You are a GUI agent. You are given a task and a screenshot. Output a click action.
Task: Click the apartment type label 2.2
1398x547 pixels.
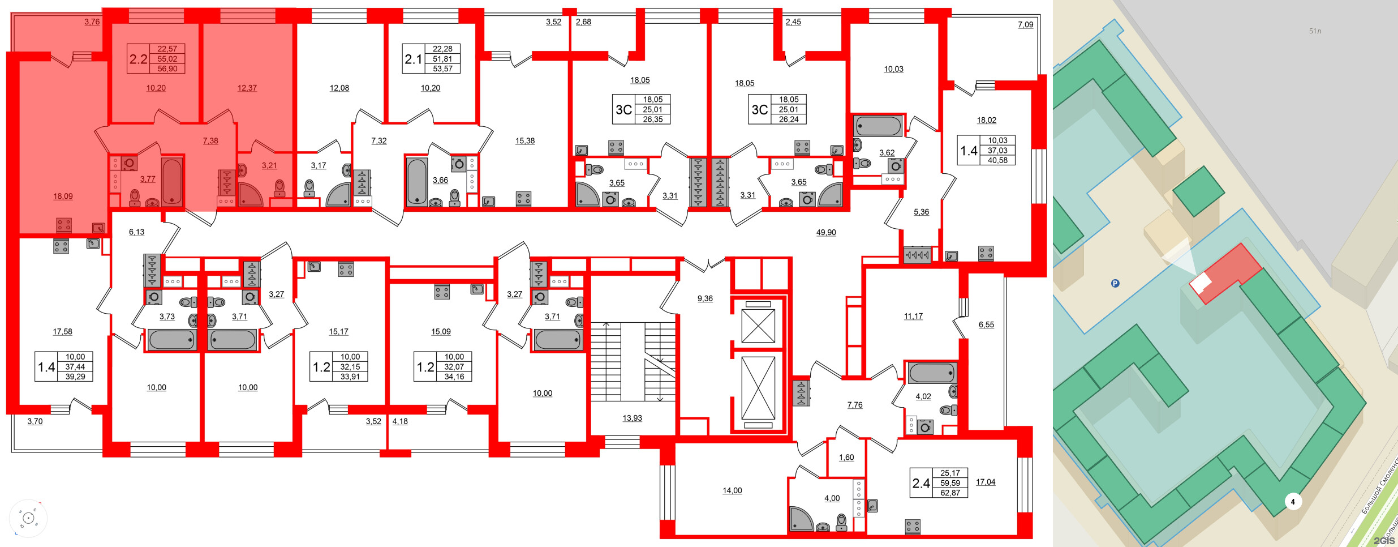pyautogui.click(x=138, y=59)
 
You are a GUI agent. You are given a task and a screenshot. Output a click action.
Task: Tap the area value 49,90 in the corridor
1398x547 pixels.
pyautogui.click(x=826, y=232)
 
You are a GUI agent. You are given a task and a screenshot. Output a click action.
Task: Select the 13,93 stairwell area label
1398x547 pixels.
pyautogui.click(x=632, y=418)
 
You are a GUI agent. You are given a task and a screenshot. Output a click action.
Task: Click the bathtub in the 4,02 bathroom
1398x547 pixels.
pyautogui.click(x=931, y=373)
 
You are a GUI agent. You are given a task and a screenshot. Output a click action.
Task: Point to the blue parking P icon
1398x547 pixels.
pyautogui.click(x=1115, y=284)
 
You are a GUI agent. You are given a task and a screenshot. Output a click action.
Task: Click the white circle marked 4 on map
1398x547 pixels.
pyautogui.click(x=1292, y=502)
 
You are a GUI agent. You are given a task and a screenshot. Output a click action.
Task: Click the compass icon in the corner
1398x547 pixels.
pyautogui.click(x=28, y=518)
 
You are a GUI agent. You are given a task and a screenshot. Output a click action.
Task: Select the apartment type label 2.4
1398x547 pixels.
pyautogui.click(x=921, y=483)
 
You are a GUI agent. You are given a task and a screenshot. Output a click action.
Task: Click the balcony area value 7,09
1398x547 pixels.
pyautogui.click(x=1025, y=25)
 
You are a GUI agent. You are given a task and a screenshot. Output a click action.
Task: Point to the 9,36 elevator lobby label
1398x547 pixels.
pyautogui.click(x=705, y=298)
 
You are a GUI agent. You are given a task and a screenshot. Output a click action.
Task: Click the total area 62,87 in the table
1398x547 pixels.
pyautogui.click(x=950, y=493)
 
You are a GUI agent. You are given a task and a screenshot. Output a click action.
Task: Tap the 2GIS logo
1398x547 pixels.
pyautogui.click(x=1383, y=541)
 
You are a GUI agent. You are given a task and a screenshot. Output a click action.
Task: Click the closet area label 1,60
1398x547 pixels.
pyautogui.click(x=846, y=458)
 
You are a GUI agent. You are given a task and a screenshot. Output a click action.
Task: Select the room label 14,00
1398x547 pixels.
pyautogui.click(x=732, y=490)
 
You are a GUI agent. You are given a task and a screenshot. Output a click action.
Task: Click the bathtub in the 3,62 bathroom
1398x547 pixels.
pyautogui.click(x=877, y=126)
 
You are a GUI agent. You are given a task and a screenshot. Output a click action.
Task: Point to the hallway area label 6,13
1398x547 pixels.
pyautogui.click(x=136, y=232)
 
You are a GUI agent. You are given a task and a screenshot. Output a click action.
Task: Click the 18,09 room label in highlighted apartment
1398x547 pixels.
pyautogui.click(x=63, y=196)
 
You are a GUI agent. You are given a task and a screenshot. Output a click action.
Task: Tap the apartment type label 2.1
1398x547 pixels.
pyautogui.click(x=414, y=59)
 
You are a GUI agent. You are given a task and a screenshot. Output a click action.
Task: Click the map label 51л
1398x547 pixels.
pyautogui.click(x=1315, y=31)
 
